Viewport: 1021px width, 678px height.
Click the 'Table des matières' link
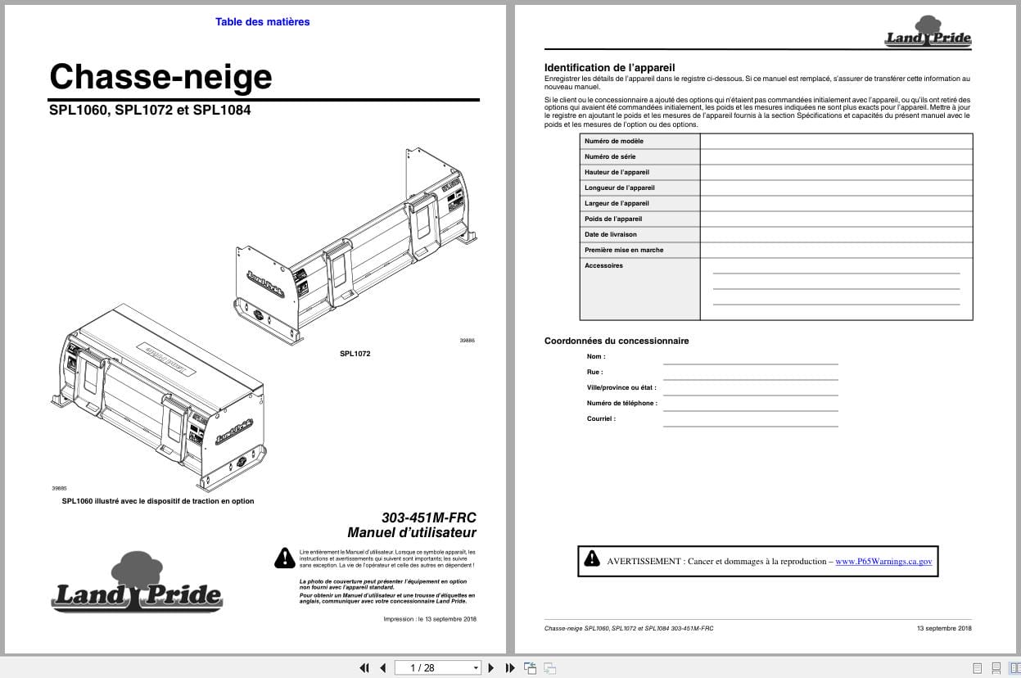click(262, 22)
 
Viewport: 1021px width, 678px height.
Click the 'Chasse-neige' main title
click(160, 77)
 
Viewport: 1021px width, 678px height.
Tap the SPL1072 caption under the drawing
click(355, 354)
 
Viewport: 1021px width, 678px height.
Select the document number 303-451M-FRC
click(428, 518)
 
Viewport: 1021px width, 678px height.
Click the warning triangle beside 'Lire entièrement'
click(284, 558)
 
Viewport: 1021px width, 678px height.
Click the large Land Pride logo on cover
click(137, 584)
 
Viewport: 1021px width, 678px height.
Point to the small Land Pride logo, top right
click(928, 32)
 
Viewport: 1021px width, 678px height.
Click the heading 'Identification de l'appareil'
click(609, 67)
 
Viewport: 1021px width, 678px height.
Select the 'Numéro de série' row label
click(610, 156)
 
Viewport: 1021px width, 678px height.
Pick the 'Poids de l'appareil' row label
click(613, 219)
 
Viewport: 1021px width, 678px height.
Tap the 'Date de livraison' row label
click(611, 234)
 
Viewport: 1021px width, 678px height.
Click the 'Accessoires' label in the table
click(603, 265)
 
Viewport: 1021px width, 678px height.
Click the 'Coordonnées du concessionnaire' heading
click(617, 341)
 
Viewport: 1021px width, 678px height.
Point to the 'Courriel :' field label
click(601, 418)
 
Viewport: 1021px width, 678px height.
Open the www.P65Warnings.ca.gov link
click(883, 561)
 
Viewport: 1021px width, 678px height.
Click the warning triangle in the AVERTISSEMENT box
click(592, 560)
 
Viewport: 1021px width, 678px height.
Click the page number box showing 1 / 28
click(438, 667)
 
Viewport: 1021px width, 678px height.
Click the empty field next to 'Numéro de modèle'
click(836, 141)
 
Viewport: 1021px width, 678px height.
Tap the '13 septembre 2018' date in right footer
click(944, 628)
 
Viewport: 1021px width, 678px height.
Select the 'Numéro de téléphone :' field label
click(621, 403)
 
